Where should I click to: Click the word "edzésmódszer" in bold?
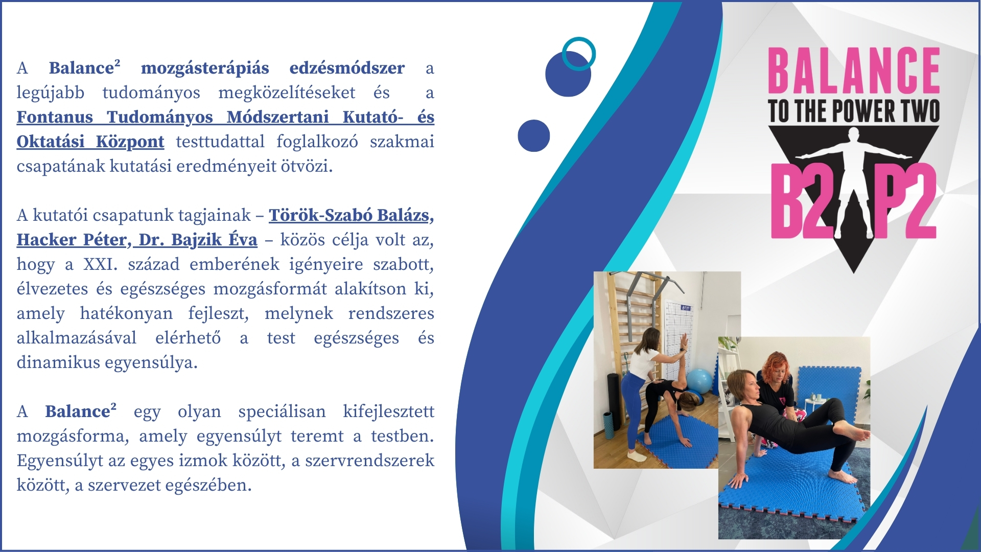pos(347,68)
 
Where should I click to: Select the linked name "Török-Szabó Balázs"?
pos(349,215)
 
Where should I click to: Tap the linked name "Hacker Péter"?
pos(72,240)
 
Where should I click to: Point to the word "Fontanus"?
pos(55,117)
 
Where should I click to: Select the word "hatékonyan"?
pos(126,314)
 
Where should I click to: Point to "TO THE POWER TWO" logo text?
pos(854,111)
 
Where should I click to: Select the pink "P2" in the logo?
pos(905,201)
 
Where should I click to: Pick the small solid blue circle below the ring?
pos(533,135)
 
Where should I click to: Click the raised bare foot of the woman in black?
pos(856,433)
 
